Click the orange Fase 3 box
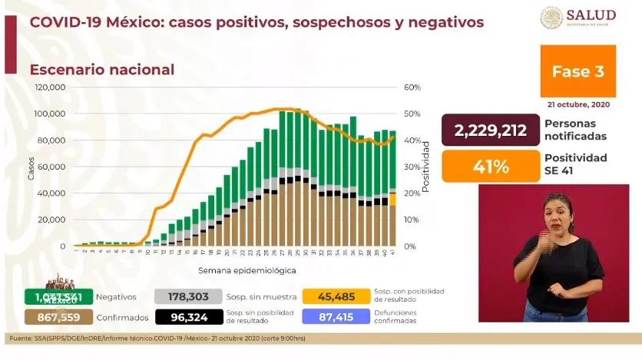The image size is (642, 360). pyautogui.click(x=577, y=71)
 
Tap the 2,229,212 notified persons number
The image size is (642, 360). pyautogui.click(x=490, y=130)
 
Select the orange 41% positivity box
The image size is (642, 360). pyautogui.click(x=490, y=164)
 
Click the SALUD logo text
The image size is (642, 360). pyautogui.click(x=591, y=15)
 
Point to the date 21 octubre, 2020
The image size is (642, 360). pyautogui.click(x=577, y=104)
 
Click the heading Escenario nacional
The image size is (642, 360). pyautogui.click(x=102, y=70)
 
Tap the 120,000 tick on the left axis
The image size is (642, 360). pyautogui.click(x=49, y=88)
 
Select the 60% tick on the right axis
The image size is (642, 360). pyautogui.click(x=412, y=88)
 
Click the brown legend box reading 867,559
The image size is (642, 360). pyautogui.click(x=59, y=316)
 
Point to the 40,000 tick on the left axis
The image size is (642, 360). pyautogui.click(x=51, y=193)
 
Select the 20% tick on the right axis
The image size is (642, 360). pyautogui.click(x=412, y=193)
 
